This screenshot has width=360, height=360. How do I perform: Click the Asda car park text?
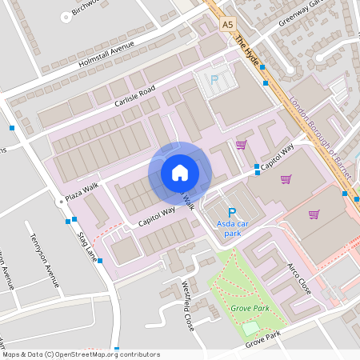click(x=232, y=230)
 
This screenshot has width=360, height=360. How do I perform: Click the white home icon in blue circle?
click(x=179, y=172)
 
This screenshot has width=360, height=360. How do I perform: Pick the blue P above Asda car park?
click(x=232, y=213)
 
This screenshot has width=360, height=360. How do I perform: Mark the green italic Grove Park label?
click(x=250, y=308)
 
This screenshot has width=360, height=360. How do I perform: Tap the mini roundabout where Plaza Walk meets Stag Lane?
click(x=60, y=202)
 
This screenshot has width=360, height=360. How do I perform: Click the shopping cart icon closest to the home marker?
click(x=241, y=145)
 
